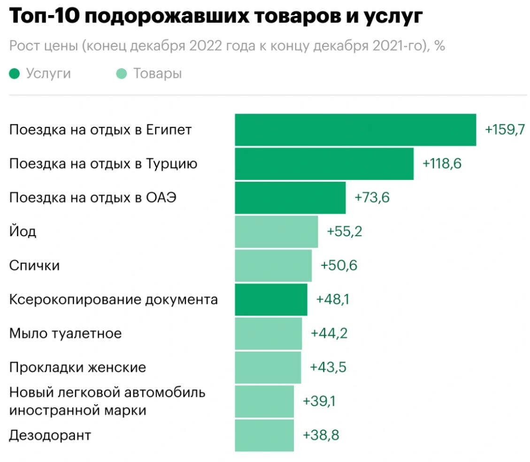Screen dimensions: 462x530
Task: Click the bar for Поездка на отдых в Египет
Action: click(355, 130)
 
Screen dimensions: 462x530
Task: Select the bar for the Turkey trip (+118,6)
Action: click(324, 164)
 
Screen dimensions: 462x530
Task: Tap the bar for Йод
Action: click(276, 231)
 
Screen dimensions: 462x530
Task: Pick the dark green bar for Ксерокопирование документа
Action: click(271, 300)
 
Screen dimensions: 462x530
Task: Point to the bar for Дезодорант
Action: click(264, 435)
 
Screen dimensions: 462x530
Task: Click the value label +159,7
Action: click(505, 130)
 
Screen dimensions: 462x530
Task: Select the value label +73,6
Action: click(372, 198)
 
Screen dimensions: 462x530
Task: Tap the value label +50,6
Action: click(338, 266)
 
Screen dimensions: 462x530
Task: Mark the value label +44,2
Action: click(329, 333)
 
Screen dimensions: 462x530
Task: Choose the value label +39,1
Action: click(320, 401)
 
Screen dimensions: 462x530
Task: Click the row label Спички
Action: click(34, 266)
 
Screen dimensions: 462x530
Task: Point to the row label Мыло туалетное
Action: click(65, 333)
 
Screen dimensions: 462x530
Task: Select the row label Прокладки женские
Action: click(77, 367)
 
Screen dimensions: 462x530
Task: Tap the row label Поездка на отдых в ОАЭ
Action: click(93, 198)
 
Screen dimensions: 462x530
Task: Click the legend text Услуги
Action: click(48, 74)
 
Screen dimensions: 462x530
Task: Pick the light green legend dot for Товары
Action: click(122, 74)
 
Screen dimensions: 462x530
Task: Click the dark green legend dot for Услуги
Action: click(15, 74)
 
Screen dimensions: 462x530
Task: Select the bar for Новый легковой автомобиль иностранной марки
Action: click(264, 401)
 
